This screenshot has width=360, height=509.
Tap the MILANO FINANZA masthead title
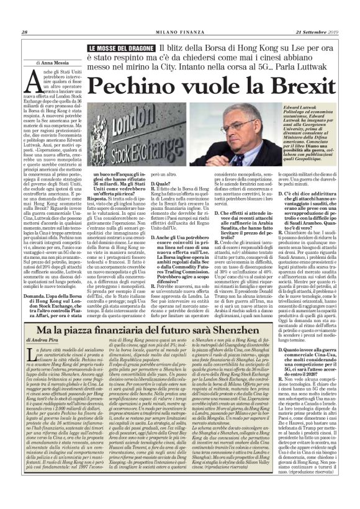[180, 15]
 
